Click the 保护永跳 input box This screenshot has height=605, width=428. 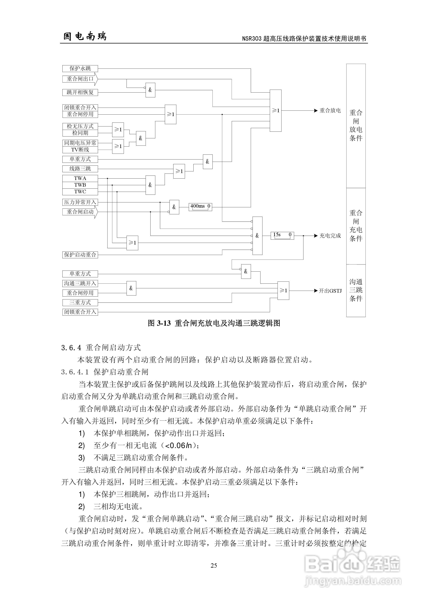pos(80,68)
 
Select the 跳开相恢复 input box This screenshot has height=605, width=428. pos(80,92)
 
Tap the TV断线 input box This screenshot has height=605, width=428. pos(80,150)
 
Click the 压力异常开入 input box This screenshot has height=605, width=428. pos(80,202)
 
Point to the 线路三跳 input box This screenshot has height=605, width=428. pos(80,169)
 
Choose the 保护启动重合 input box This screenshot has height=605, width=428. pos(80,255)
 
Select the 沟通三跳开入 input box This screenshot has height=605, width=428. pos(80,283)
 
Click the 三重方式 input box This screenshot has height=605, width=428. pos(80,302)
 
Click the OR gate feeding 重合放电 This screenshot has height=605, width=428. pos(276,111)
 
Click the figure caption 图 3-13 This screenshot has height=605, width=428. pos(214,323)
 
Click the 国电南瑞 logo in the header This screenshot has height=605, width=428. pos(85,36)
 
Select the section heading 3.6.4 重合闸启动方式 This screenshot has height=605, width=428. pos(101,348)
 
